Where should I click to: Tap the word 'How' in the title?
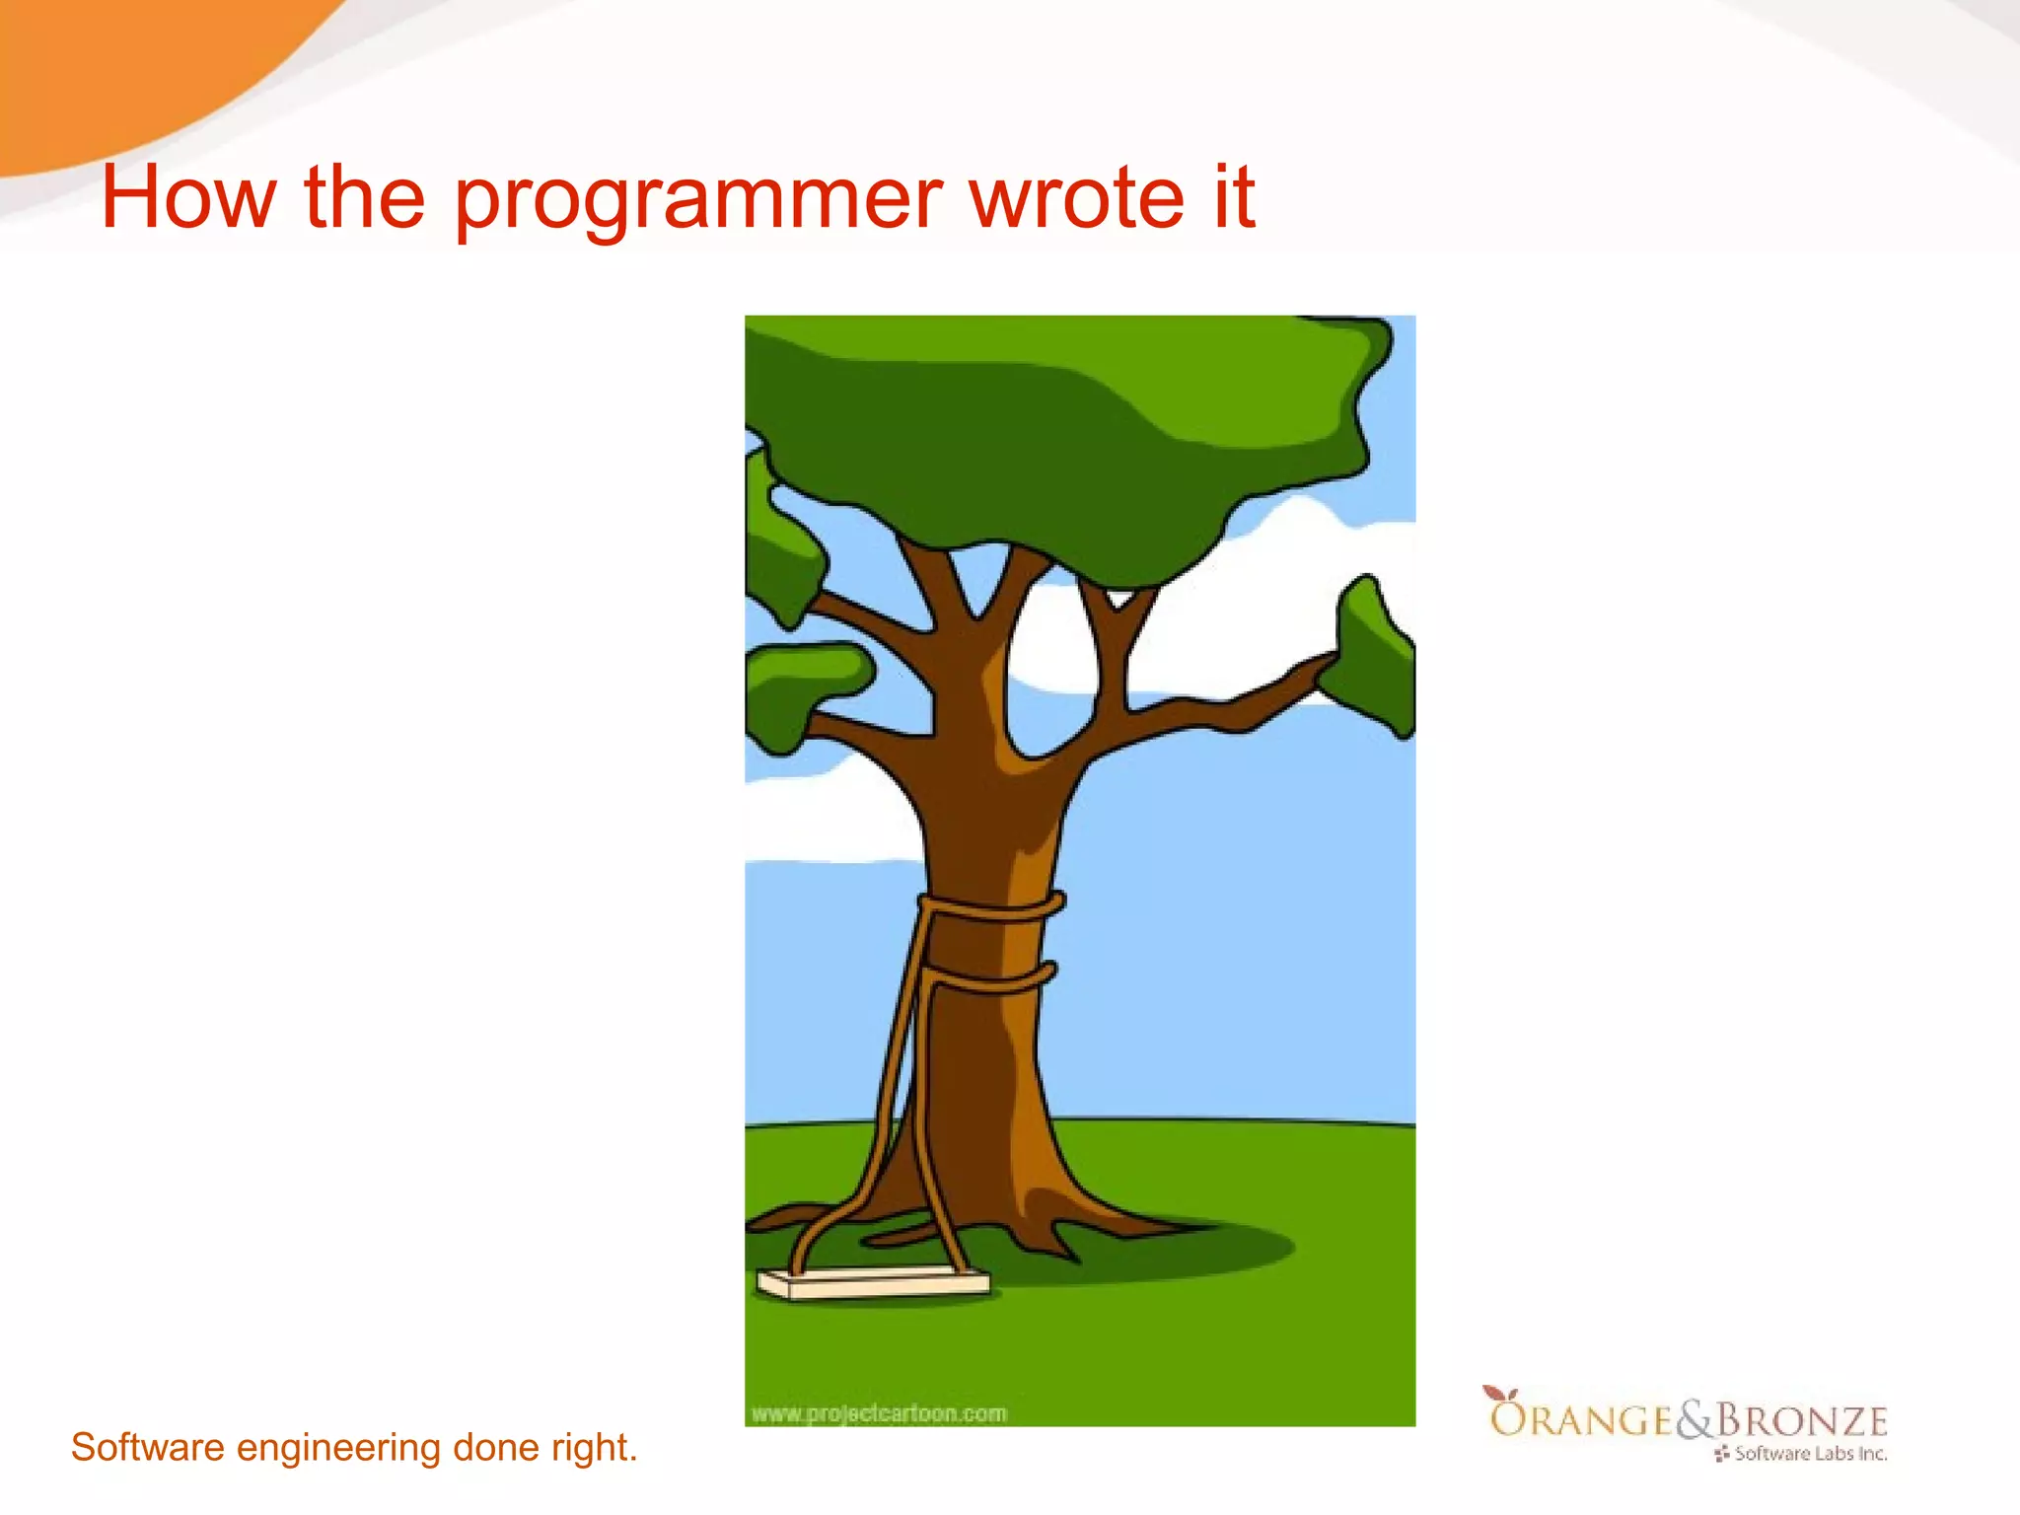[x=187, y=197]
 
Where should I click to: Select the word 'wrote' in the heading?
[x=1076, y=197]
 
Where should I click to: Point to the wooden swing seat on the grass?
[x=872, y=1284]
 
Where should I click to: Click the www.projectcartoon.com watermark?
[x=879, y=1413]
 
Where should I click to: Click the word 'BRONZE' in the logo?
[x=1801, y=1420]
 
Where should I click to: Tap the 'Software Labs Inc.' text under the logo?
[x=1810, y=1454]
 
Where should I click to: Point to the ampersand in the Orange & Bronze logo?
[x=1695, y=1420]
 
